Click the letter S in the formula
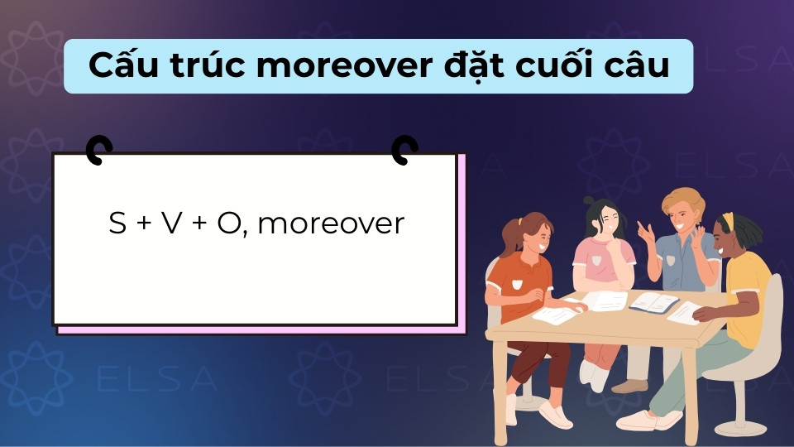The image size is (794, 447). click(x=117, y=223)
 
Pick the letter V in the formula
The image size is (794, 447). click(x=170, y=223)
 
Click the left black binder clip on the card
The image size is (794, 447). click(x=98, y=150)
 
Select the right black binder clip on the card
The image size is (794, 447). click(x=404, y=150)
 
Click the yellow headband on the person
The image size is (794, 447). click(x=728, y=222)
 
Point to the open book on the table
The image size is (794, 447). click(x=653, y=302)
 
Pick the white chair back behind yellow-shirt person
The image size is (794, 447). click(x=772, y=315)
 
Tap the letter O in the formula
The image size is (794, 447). click(x=228, y=223)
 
